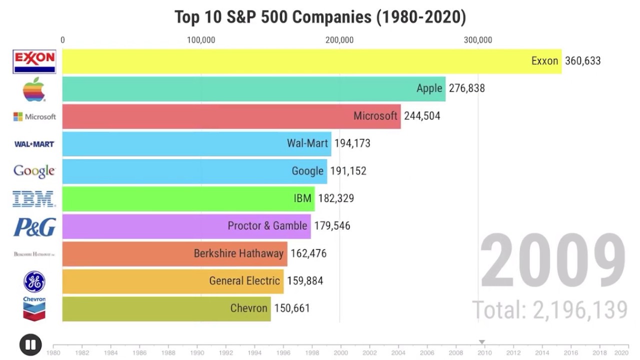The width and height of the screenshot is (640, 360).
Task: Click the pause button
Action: pos(30,344)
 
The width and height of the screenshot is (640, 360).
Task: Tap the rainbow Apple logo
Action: pos(34,89)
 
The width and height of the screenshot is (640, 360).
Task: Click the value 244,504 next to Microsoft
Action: pos(422,116)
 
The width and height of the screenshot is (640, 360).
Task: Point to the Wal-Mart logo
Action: pos(34,144)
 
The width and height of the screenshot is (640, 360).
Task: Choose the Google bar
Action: pos(194,171)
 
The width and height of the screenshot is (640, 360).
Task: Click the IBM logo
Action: pos(34,198)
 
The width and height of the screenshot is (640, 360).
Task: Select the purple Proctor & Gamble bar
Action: pos(186,226)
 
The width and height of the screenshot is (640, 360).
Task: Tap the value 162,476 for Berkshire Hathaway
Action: pos(308,253)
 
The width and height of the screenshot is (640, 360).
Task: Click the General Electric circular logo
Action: pos(34,281)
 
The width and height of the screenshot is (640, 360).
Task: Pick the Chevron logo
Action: pos(34,308)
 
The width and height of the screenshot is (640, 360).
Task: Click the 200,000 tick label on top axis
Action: pos(339,40)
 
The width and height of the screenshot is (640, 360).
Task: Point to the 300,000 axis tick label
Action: pos(478,40)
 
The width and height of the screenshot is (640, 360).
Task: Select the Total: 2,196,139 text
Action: pos(549,309)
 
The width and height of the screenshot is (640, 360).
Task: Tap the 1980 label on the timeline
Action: pos(53,352)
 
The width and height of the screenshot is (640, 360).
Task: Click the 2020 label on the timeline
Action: pos(621,352)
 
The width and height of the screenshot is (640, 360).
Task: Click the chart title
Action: pos(320,17)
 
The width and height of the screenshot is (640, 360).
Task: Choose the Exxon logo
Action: pos(34,61)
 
